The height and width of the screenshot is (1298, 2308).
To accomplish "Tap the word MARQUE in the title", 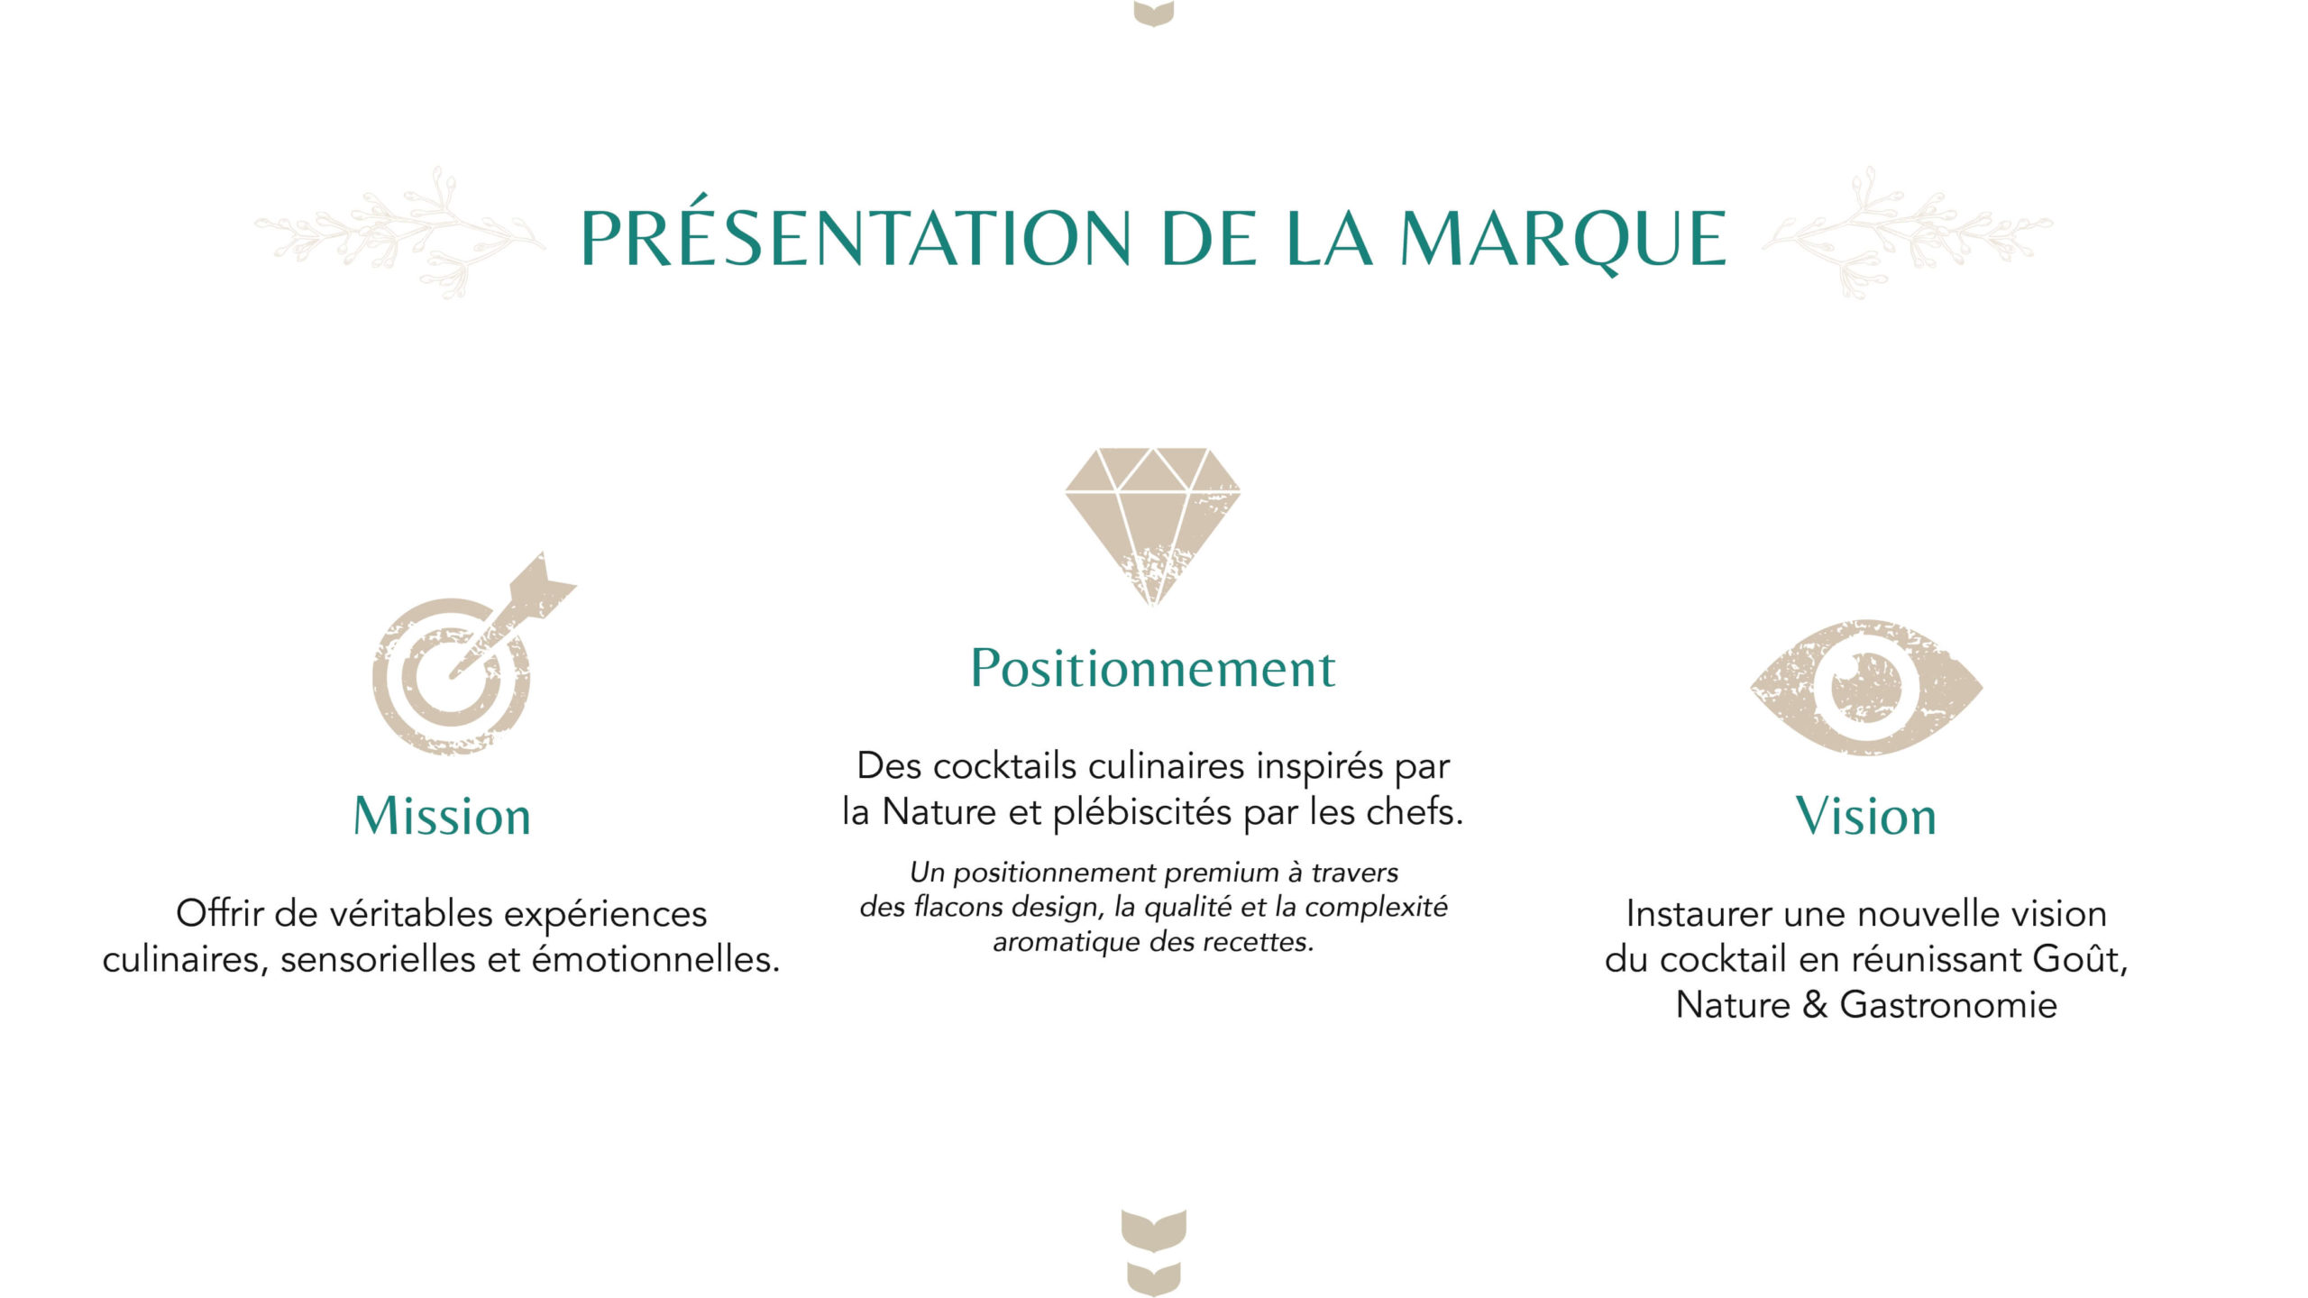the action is tap(1563, 240).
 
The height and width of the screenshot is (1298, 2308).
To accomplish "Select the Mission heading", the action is tap(442, 816).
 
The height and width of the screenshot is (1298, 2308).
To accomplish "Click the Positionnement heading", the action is tap(1153, 668).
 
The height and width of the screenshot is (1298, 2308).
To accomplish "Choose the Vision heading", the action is tap(1866, 816).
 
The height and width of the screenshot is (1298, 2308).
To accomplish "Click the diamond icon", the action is tap(1153, 526).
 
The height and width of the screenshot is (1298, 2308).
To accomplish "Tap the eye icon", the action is tap(1866, 687).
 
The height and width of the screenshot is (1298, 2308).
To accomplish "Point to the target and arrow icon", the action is tap(473, 654).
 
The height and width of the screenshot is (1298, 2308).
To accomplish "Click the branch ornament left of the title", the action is tap(399, 232).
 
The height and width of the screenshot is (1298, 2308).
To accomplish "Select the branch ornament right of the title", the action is tap(1908, 232).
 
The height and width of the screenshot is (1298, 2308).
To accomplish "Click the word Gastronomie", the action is tap(1948, 1005).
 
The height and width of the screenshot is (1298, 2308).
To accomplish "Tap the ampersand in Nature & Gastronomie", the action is tap(1815, 1005).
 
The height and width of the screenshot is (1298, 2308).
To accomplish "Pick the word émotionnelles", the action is tap(655, 959).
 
